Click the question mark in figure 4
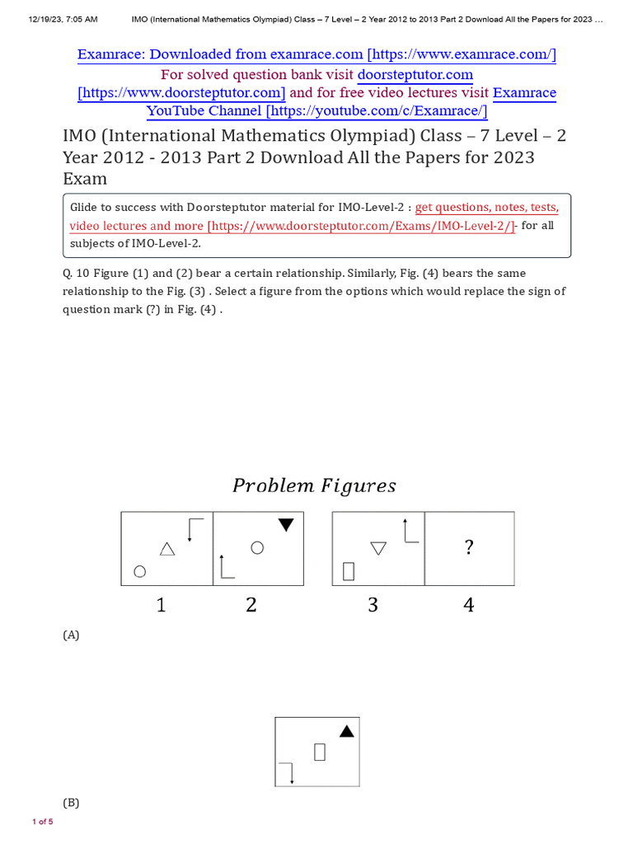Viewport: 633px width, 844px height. click(x=469, y=548)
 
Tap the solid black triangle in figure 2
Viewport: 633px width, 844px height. click(x=286, y=524)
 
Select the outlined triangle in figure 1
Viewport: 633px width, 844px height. click(x=167, y=549)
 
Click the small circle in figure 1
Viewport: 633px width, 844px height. click(x=140, y=571)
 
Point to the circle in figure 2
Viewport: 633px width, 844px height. click(x=257, y=547)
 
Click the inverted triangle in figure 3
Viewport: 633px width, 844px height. click(x=378, y=548)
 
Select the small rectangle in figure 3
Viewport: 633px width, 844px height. click(x=349, y=570)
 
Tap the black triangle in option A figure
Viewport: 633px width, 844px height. click(x=347, y=731)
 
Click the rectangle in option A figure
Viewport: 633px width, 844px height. click(x=320, y=751)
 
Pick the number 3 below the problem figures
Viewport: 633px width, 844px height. click(x=373, y=605)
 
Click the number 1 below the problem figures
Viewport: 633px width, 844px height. click(x=161, y=605)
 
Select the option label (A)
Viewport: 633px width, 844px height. click(x=71, y=635)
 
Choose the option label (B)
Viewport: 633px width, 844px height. click(x=71, y=803)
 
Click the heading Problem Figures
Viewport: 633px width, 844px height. click(x=314, y=485)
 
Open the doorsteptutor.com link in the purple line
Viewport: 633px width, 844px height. click(x=415, y=74)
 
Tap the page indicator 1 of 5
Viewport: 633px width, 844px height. click(x=42, y=822)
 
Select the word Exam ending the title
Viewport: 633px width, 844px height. click(x=85, y=179)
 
